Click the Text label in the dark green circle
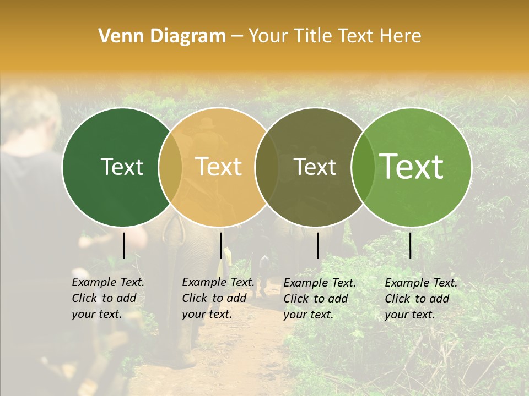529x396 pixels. pos(122,167)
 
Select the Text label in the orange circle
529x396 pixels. pos(219,167)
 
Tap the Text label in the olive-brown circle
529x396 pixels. pos(315,167)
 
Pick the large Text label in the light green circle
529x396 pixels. pos(412,166)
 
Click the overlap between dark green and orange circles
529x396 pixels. pos(170,167)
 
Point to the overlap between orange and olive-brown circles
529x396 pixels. pos(267,167)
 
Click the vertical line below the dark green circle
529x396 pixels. pos(123,245)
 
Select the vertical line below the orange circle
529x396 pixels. pos(220,245)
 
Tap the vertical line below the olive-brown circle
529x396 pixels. pos(317,245)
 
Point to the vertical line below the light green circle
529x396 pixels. pos(410,245)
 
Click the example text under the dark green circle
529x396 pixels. pos(107,298)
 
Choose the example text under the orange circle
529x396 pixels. pos(218,298)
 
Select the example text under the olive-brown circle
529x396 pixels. pos(319,299)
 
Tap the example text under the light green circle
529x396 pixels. pos(420,299)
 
